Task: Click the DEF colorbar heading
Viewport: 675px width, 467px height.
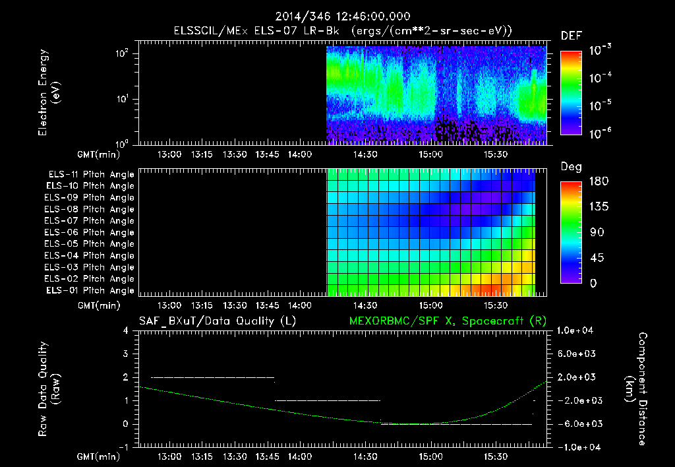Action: click(571, 36)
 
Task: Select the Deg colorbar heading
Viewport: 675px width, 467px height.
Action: click(571, 167)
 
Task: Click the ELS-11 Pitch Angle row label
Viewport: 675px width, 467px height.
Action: click(91, 175)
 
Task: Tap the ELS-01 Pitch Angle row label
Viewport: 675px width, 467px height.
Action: click(91, 290)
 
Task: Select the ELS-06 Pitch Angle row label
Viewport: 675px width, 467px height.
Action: click(91, 232)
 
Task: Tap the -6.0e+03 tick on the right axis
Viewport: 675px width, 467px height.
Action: click(577, 424)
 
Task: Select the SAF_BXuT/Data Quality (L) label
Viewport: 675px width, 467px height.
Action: click(217, 321)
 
